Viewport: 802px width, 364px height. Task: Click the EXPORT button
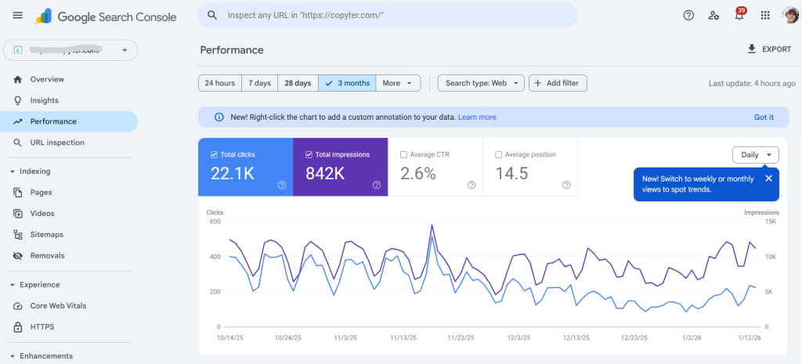pyautogui.click(x=769, y=49)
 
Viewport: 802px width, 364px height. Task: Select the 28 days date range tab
pyautogui.click(x=298, y=83)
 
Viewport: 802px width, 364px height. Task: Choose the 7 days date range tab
pyautogui.click(x=259, y=83)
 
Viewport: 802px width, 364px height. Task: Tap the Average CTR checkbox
pyautogui.click(x=403, y=155)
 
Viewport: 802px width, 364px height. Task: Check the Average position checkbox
pyautogui.click(x=499, y=155)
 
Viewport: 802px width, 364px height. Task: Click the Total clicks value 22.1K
pyautogui.click(x=233, y=174)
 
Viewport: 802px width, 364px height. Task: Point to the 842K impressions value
pyautogui.click(x=325, y=174)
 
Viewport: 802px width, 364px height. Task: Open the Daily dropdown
pyautogui.click(x=756, y=155)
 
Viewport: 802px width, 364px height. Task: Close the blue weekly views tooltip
pyautogui.click(x=768, y=178)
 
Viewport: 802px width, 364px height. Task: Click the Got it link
pyautogui.click(x=764, y=117)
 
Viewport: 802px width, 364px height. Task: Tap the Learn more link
pyautogui.click(x=477, y=117)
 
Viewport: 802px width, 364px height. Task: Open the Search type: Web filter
pyautogui.click(x=481, y=83)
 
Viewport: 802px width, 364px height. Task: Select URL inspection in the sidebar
pyautogui.click(x=57, y=142)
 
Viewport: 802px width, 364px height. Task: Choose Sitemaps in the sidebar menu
pyautogui.click(x=46, y=235)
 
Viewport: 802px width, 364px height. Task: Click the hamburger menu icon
pyautogui.click(x=18, y=16)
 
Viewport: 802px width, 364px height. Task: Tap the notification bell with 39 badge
pyautogui.click(x=739, y=16)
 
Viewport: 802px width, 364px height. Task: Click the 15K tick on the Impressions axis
pyautogui.click(x=770, y=222)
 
